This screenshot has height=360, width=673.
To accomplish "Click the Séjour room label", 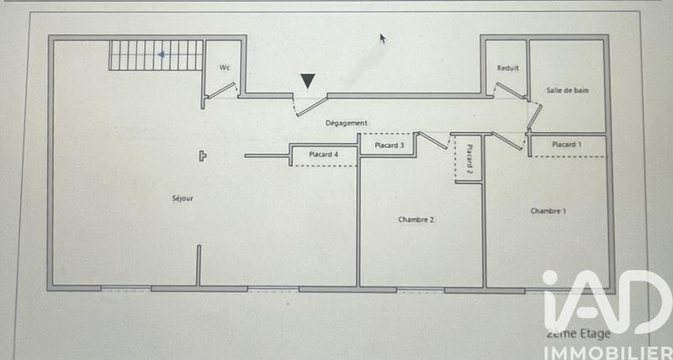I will [183, 199].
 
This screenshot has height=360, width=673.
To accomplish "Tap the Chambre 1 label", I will [548, 210].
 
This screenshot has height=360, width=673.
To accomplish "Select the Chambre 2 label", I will [416, 220].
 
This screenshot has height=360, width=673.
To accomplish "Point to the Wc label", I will [225, 67].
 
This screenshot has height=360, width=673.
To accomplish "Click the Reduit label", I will [507, 68].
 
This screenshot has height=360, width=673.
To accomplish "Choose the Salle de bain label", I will [567, 90].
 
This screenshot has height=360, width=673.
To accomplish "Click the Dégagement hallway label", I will [347, 123].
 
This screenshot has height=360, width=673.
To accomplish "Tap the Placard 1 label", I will [566, 145].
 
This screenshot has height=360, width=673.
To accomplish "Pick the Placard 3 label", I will [389, 145].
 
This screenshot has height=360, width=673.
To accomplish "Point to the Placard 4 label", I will [324, 154].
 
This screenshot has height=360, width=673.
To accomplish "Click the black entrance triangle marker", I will [309, 81].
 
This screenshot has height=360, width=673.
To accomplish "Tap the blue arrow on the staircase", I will [161, 55].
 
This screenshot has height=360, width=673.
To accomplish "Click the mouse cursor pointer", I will [383, 38].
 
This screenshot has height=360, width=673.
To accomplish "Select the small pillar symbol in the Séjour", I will [203, 155].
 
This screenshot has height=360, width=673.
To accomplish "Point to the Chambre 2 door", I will [432, 140].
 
